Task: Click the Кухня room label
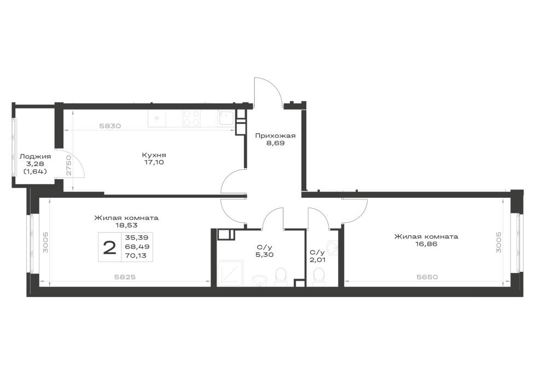pos(154,155)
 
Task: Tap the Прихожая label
pos(275,136)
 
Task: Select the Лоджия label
pos(35,157)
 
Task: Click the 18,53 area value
pos(126,225)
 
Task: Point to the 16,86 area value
pos(426,244)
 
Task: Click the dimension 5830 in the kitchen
pos(110,126)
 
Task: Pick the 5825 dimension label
pos(125,277)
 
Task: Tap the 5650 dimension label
pos(427,277)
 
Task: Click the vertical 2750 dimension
pos(69,165)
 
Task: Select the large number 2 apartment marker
pos(109,248)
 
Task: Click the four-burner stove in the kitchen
pos(191,118)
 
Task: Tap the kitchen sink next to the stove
pos(225,118)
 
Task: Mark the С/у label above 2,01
pos(317,252)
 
